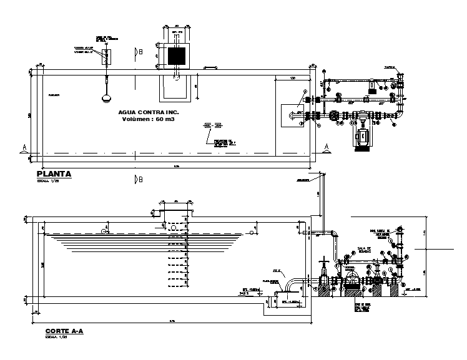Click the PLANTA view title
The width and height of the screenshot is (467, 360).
[x=54, y=175]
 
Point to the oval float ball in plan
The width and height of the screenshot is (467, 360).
[x=106, y=96]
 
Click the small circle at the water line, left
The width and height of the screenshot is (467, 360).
[x=102, y=231]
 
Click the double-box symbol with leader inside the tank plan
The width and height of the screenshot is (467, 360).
[x=213, y=127]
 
